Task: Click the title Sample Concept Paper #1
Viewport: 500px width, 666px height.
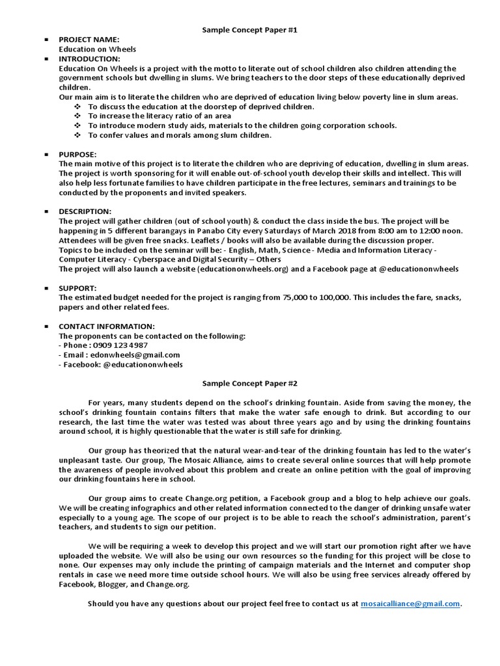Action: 249,30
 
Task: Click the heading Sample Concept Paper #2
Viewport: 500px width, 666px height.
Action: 249,384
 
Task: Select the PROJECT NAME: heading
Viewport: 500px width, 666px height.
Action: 89,40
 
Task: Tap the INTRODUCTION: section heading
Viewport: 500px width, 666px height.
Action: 90,59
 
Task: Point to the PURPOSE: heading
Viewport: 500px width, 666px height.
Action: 77,154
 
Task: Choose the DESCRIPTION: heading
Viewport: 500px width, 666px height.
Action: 85,211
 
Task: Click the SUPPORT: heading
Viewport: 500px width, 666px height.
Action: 78,287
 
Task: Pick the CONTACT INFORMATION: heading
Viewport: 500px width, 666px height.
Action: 107,326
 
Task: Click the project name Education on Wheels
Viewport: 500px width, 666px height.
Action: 98,49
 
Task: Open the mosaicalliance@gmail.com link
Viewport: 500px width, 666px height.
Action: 410,604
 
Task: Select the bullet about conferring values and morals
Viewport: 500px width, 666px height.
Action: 180,135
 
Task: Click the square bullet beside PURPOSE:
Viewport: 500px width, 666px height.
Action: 46,154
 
